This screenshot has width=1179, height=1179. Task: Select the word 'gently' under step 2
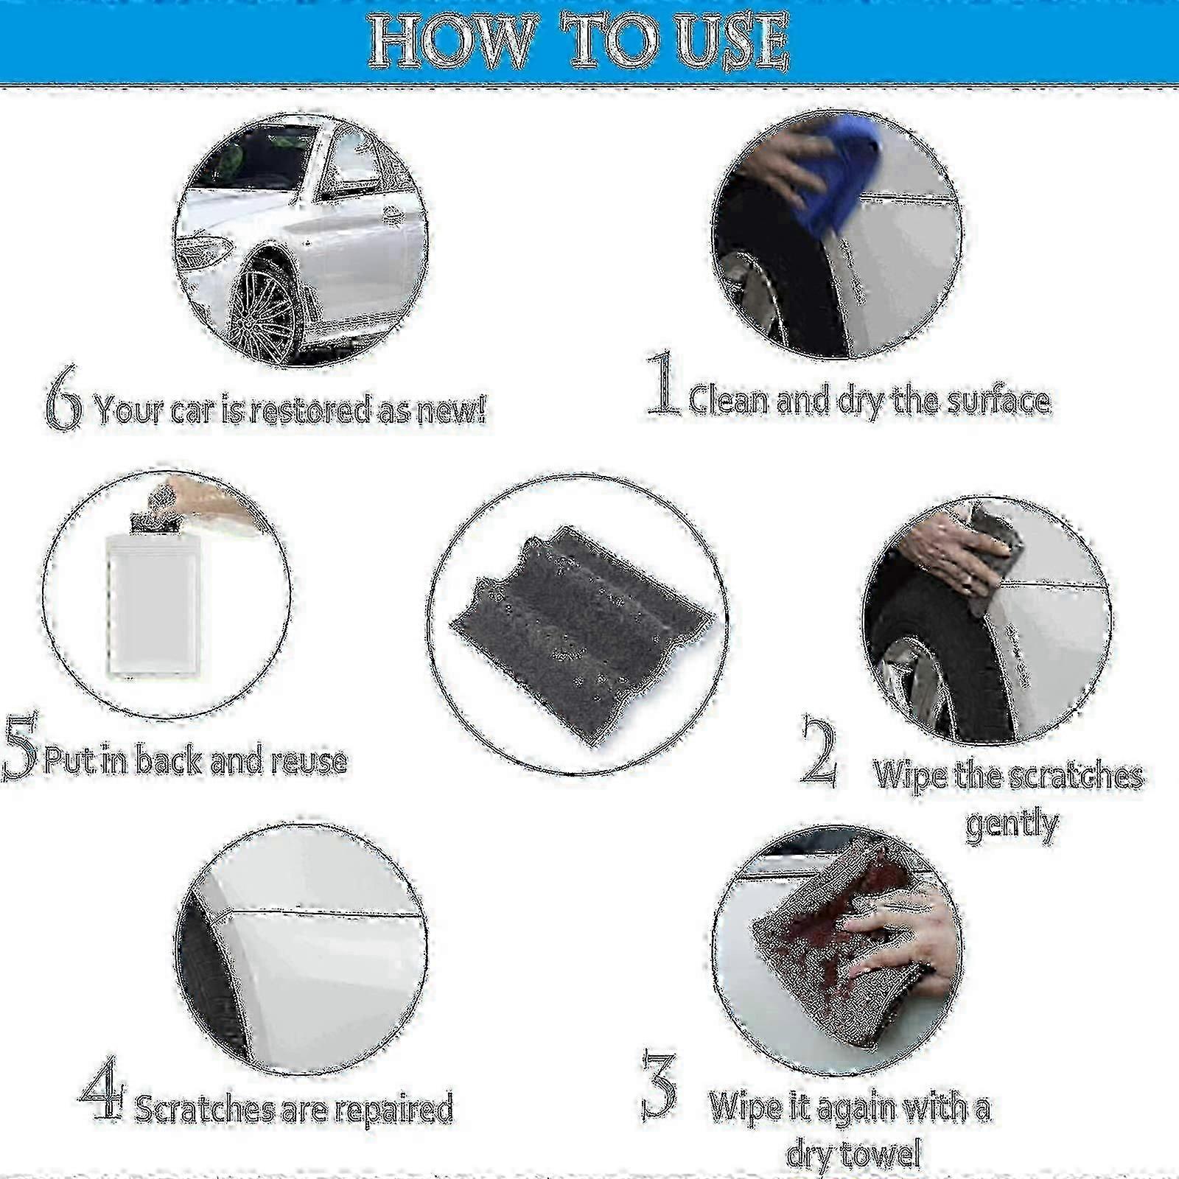click(x=1012, y=823)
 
